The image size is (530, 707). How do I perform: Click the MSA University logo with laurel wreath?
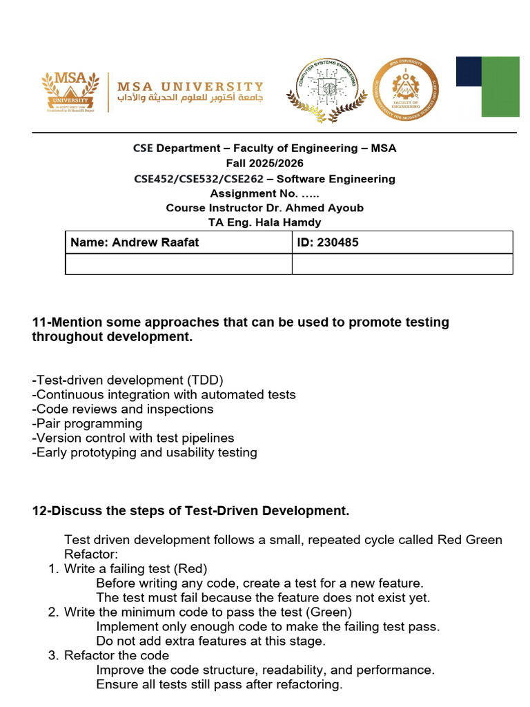pyautogui.click(x=68, y=90)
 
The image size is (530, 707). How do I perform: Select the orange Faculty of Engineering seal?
pyautogui.click(x=405, y=88)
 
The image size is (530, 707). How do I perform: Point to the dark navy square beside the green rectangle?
pyautogui.click(x=469, y=71)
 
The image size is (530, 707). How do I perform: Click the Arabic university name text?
pyautogui.click(x=190, y=99)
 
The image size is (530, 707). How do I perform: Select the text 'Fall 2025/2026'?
pyautogui.click(x=265, y=164)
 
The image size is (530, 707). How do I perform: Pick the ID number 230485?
pyautogui.click(x=338, y=243)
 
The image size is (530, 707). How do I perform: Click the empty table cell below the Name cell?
pyautogui.click(x=179, y=264)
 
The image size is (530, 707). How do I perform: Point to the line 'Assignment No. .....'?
pyautogui.click(x=265, y=193)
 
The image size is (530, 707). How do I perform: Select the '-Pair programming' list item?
pyautogui.click(x=87, y=423)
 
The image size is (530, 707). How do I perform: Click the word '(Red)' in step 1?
pyautogui.click(x=190, y=569)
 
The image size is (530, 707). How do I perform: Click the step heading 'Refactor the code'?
pyautogui.click(x=117, y=655)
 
